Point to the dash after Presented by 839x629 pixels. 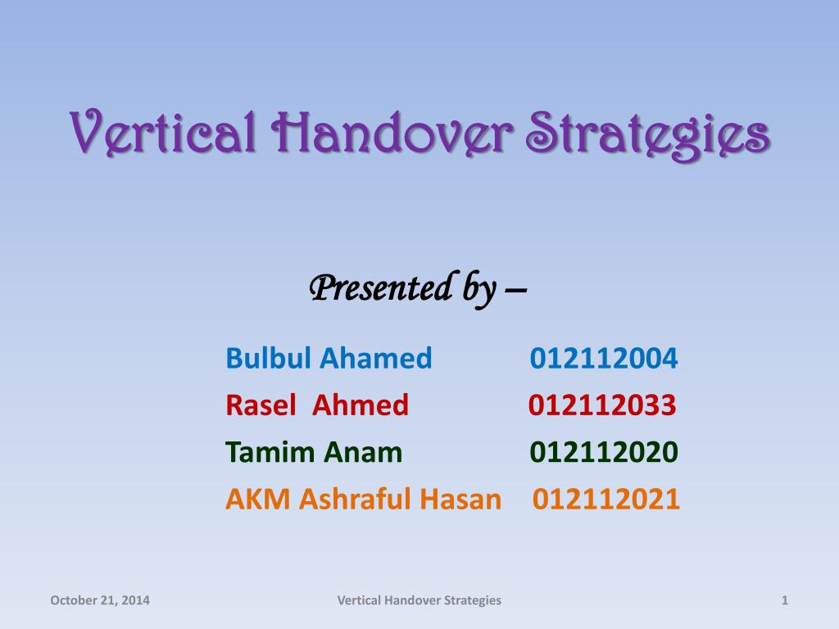pyautogui.click(x=515, y=290)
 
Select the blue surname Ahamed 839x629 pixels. pyautogui.click(x=375, y=358)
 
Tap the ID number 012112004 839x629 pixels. pyautogui.click(x=604, y=358)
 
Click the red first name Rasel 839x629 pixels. pyautogui.click(x=261, y=405)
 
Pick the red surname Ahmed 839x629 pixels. pyautogui.click(x=361, y=405)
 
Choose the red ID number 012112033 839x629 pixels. pyautogui.click(x=602, y=405)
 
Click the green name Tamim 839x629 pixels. pyautogui.click(x=269, y=452)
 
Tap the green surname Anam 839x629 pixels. pyautogui.click(x=362, y=452)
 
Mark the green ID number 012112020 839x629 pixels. pyautogui.click(x=604, y=452)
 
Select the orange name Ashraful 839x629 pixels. pyautogui.click(x=355, y=499)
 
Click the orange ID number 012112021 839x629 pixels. pyautogui.click(x=605, y=499)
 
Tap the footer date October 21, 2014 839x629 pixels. pyautogui.click(x=100, y=600)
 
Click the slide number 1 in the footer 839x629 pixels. pyautogui.click(x=785, y=600)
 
